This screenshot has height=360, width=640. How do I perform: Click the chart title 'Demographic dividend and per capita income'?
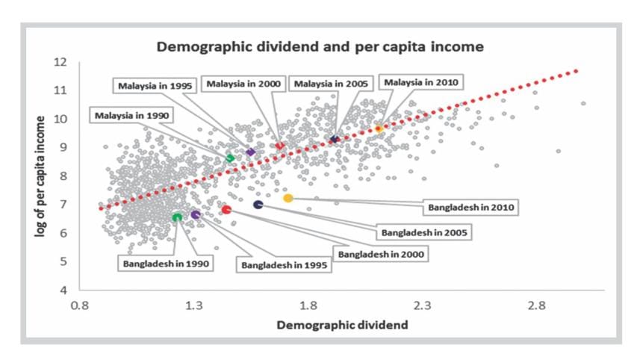[320, 46]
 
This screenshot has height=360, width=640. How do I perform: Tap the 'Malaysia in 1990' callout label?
[132, 115]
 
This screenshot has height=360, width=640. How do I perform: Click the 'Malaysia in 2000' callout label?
[243, 83]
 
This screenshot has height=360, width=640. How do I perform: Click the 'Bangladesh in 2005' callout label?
[424, 232]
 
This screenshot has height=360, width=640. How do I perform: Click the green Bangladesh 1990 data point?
[177, 217]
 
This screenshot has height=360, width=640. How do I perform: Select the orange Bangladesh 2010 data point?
[288, 198]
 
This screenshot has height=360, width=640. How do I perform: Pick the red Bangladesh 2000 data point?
[226, 210]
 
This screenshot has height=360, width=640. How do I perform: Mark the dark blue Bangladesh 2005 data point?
[258, 205]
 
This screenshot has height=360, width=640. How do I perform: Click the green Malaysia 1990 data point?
[230, 158]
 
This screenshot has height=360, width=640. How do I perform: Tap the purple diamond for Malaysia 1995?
[250, 152]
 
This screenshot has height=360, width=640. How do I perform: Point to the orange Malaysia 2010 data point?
[379, 129]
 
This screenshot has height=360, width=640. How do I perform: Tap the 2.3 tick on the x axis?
[423, 306]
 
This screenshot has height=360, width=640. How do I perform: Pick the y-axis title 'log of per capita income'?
[42, 176]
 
